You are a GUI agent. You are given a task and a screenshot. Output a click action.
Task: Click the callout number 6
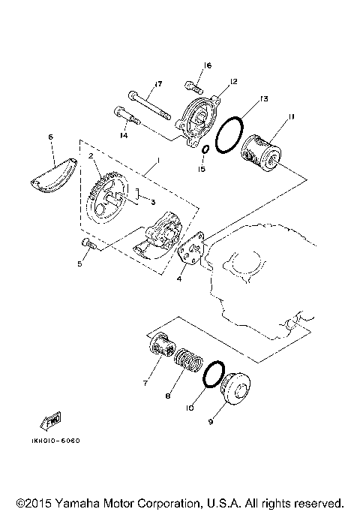(x=51, y=137)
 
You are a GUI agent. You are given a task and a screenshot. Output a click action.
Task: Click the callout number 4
(x=178, y=279)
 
